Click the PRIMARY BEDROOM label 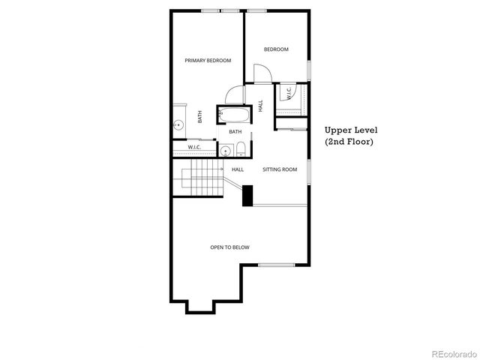pyautogui.click(x=208, y=61)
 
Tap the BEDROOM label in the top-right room pyautogui.click(x=275, y=49)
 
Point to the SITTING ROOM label pyautogui.click(x=280, y=169)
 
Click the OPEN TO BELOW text pyautogui.click(x=229, y=247)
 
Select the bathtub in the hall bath pyautogui.click(x=234, y=114)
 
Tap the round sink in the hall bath pyautogui.click(x=225, y=150)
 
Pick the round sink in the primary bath pyautogui.click(x=179, y=124)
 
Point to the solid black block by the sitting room pyautogui.click(x=247, y=194)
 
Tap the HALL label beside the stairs pyautogui.click(x=238, y=169)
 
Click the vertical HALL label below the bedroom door pyautogui.click(x=260, y=106)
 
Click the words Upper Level pyautogui.click(x=351, y=129)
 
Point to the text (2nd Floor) pyautogui.click(x=349, y=141)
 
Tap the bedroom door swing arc pyautogui.click(x=262, y=73)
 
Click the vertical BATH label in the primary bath pyautogui.click(x=199, y=117)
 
